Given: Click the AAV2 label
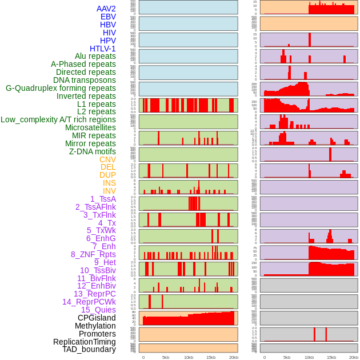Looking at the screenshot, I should pos(106,9).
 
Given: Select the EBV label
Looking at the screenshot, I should pos(108,17).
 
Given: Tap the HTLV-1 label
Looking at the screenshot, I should pos(103,49).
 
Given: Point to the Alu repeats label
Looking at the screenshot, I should pos(95,57).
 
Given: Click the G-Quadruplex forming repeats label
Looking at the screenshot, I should pos(61,88).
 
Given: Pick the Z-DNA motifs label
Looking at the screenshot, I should pos(93,151).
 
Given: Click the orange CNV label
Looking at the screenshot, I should pos(107,159).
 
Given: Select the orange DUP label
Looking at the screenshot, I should pos(107,175).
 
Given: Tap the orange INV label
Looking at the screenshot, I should pos(109,191).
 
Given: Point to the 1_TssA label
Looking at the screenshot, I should pos(103,199).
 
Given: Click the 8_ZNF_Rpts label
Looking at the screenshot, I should pos(93,254).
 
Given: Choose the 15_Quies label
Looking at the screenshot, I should pos(98,310).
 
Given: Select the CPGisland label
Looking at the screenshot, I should pos(97,318).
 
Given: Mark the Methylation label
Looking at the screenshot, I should pos(95,326).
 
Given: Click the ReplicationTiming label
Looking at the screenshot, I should pos(85,342).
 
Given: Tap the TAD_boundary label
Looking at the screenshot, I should pos(89,349).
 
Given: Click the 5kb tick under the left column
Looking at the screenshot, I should pos(166,358).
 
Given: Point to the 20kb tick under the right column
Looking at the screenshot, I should pos(354,358).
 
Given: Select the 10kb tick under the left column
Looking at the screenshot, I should pos(189,358).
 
